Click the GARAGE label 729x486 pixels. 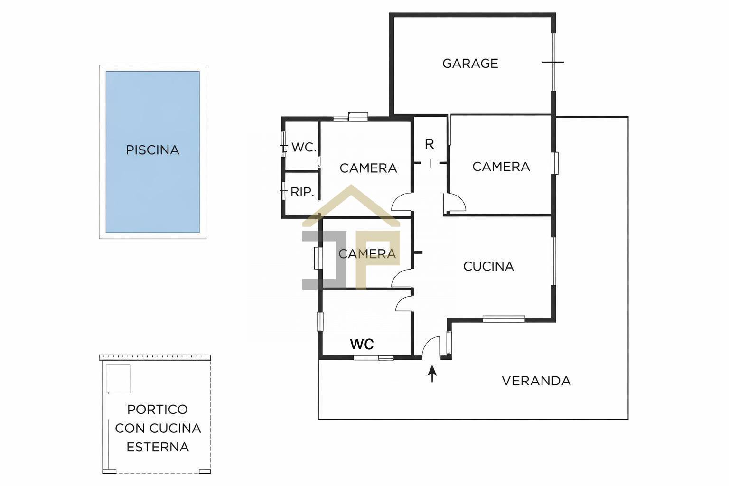click(470, 64)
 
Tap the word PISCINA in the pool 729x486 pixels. click(152, 150)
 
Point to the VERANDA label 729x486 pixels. click(536, 381)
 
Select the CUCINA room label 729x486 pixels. click(488, 267)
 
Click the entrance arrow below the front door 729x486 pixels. click(432, 373)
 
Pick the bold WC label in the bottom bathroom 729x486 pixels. click(362, 344)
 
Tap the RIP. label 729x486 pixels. click(302, 192)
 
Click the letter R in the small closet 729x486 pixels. click(429, 144)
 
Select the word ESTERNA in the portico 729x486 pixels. click(158, 447)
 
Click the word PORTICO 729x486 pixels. click(158, 410)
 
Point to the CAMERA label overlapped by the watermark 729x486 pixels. click(367, 254)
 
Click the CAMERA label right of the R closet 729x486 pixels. click(501, 167)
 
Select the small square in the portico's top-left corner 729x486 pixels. click(118, 379)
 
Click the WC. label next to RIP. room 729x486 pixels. click(304, 148)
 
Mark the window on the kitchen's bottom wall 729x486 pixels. click(504, 319)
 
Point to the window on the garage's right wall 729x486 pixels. click(553, 62)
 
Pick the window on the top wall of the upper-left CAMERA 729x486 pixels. click(351, 117)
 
